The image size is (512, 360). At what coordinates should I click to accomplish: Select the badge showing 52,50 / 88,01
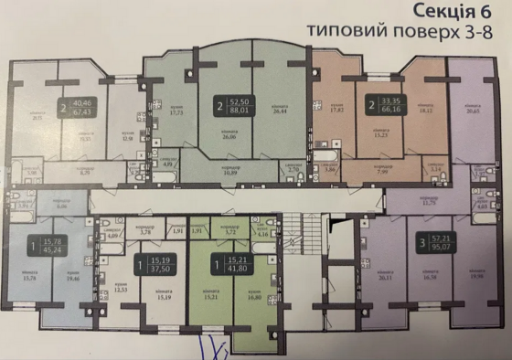[x=233, y=105]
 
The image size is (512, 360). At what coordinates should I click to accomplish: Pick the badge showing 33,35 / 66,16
[x=384, y=105]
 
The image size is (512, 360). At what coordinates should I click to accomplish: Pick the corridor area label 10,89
[x=231, y=171]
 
